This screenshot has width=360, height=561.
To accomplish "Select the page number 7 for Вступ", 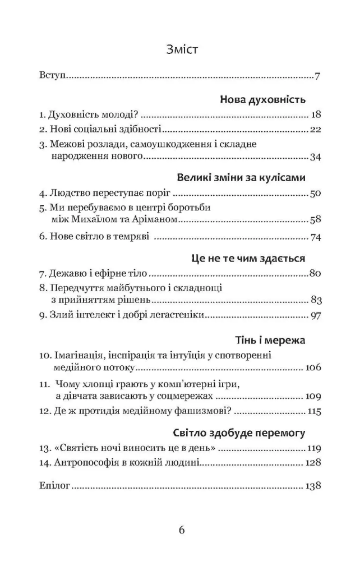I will coord(317,76).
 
